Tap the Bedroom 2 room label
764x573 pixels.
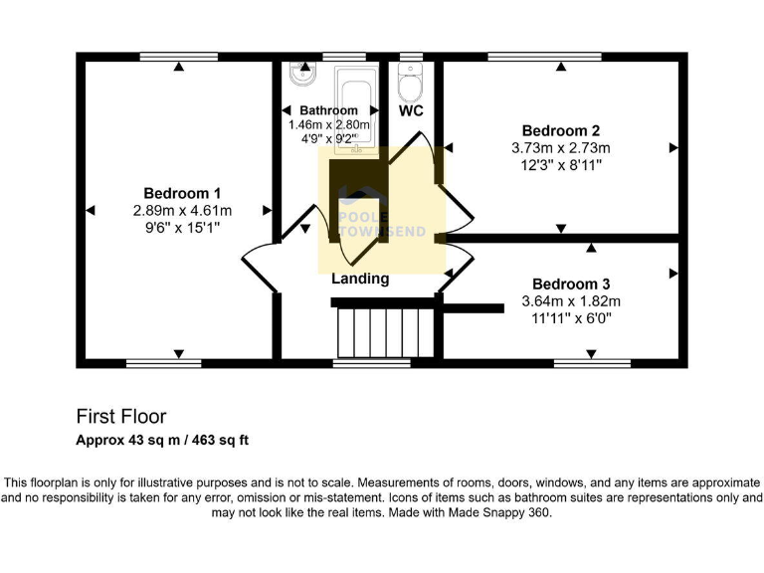561,130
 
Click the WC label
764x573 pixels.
411,111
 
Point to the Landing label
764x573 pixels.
360,280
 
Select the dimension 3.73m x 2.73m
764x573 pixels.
561,148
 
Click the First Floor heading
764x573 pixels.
121,416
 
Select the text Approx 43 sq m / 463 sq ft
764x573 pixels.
170,440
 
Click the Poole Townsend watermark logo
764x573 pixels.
382,214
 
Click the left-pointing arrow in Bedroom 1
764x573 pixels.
90,210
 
